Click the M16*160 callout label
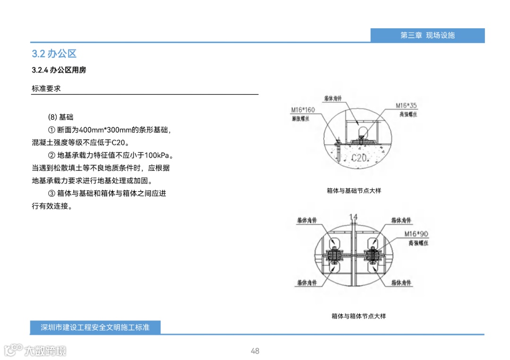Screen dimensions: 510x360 (303, 110)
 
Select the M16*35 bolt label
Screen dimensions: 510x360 (406, 105)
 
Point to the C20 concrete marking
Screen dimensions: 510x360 (359, 158)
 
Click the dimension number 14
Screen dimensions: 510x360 (353, 217)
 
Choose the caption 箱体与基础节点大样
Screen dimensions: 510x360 (354, 191)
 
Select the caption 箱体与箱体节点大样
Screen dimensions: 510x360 (358, 316)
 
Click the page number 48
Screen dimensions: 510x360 (255, 351)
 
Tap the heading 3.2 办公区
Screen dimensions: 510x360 (54, 53)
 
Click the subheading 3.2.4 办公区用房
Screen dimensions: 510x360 (59, 70)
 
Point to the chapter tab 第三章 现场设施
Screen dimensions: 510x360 (427, 35)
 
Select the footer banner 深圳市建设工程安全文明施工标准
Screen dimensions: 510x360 (95, 327)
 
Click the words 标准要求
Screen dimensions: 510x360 (46, 88)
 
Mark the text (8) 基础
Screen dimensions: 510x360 (61, 117)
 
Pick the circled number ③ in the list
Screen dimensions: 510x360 (52, 193)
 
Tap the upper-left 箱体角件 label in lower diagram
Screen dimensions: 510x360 (307, 220)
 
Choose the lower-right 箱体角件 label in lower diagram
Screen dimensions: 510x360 (401, 283)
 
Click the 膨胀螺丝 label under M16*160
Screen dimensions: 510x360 (300, 119)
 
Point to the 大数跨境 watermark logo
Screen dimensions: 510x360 (35, 350)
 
